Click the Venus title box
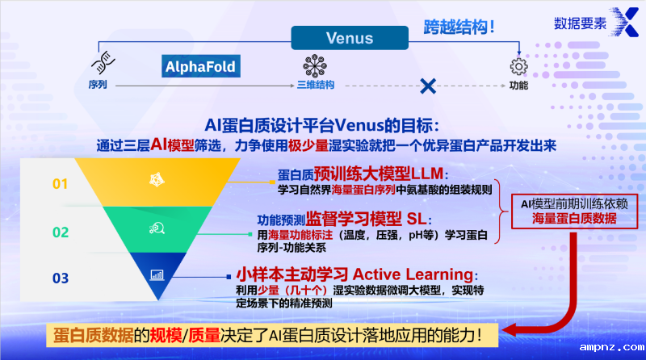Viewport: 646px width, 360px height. [349, 38]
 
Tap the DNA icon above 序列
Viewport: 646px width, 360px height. [100, 65]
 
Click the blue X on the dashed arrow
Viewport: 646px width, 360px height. [428, 85]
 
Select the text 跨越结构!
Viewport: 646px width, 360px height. [459, 27]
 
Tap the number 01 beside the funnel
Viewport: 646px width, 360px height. [61, 184]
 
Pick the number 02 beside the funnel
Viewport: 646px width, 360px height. [61, 232]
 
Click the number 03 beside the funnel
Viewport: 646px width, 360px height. [61, 278]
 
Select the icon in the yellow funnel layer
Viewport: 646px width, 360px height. [157, 178]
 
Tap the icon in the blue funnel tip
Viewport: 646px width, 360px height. [157, 274]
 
